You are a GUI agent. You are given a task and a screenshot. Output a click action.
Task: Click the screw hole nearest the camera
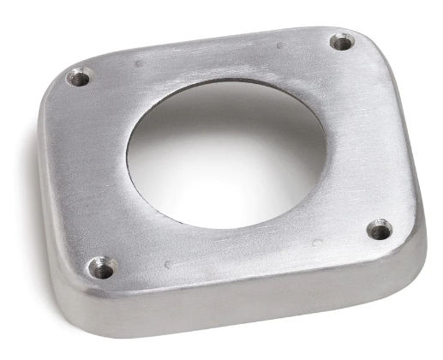tap(103, 268)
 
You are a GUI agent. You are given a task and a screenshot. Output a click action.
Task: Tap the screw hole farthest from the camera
tap(341, 41)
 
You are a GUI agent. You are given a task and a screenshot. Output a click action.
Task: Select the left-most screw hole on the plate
tap(79, 78)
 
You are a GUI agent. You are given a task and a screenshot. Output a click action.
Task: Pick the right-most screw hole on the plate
tap(380, 229)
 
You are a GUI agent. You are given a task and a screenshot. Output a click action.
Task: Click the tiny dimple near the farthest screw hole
tap(279, 45)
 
